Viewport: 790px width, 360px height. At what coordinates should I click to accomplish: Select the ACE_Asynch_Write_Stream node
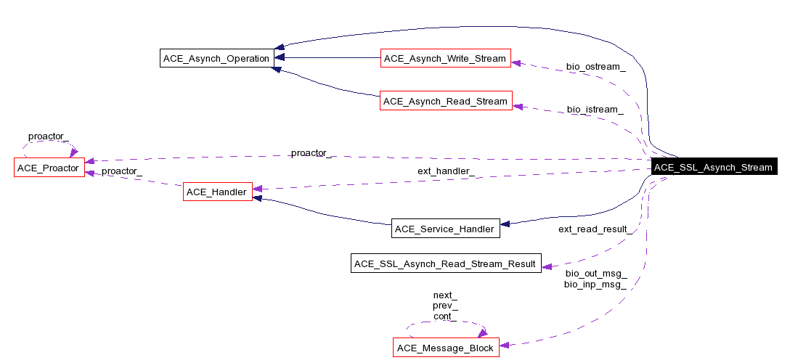444,58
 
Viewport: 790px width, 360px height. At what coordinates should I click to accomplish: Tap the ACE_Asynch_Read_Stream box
444,101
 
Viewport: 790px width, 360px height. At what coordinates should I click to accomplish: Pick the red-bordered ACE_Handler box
217,192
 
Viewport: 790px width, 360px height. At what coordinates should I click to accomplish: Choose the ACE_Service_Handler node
445,229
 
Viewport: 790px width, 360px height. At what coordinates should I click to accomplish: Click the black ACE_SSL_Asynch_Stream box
713,167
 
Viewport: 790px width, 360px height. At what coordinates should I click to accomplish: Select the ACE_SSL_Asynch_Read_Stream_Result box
445,263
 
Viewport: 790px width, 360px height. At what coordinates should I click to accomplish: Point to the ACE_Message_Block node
445,348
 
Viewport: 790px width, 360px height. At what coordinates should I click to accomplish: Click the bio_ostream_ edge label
595,67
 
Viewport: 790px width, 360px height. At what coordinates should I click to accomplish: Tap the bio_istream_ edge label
595,110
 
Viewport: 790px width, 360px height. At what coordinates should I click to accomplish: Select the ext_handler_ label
446,171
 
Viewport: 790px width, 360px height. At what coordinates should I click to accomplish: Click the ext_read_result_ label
592,229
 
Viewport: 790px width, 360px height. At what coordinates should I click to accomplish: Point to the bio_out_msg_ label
595,274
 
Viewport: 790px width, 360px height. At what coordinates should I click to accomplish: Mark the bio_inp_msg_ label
595,284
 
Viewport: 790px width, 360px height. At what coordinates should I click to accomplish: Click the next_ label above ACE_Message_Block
445,295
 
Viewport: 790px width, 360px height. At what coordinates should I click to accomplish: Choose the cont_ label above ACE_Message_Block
445,316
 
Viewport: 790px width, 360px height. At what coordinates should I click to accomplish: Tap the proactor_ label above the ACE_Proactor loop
49,136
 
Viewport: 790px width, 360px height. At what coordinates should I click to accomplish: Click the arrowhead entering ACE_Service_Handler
506,224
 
